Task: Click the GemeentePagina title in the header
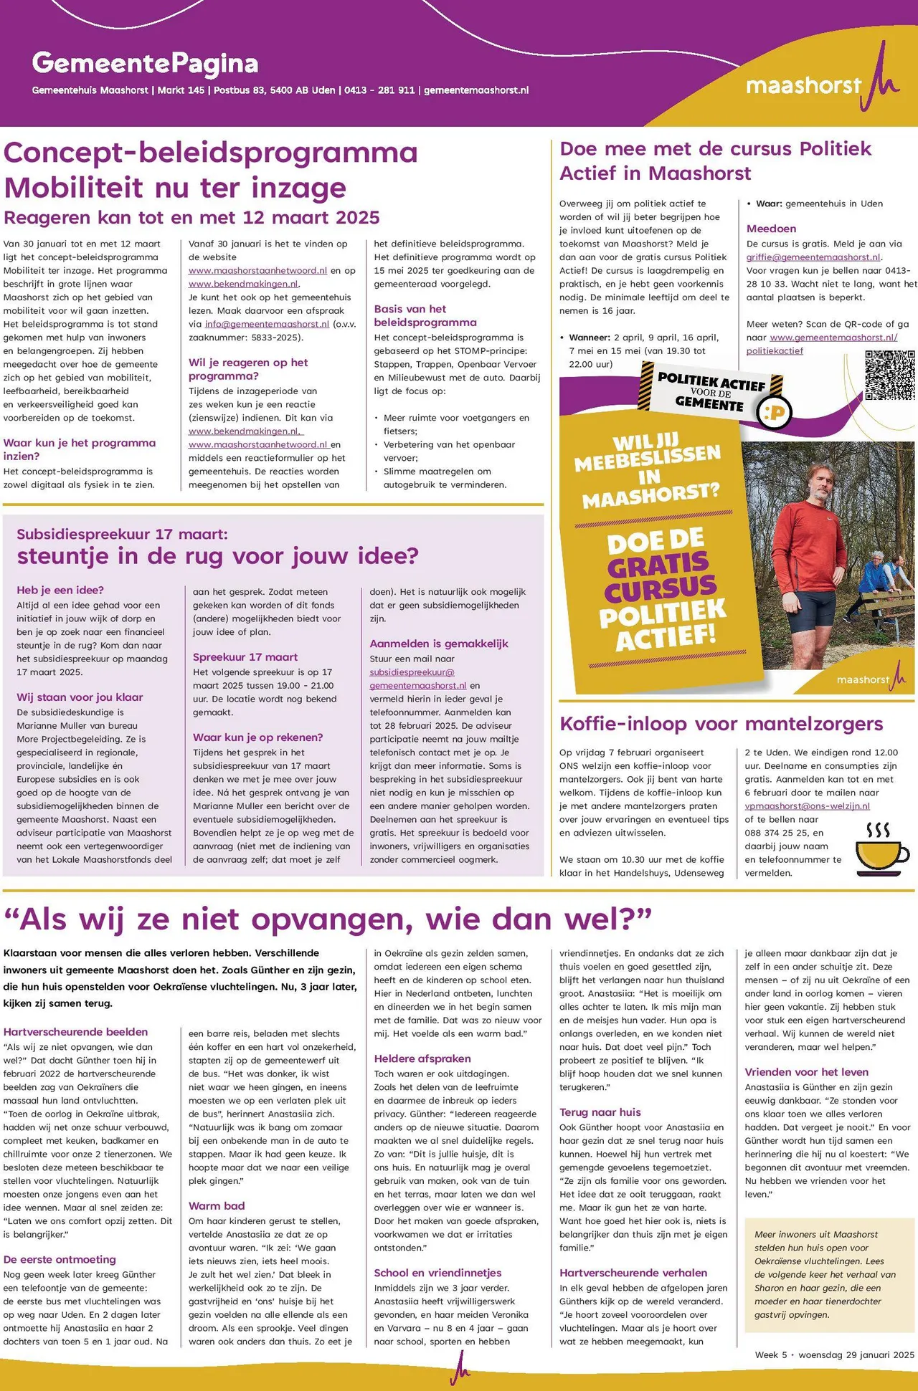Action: coord(145,64)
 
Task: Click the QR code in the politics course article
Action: coord(889,375)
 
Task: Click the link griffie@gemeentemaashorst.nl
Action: coord(813,257)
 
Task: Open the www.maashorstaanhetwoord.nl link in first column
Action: coord(257,271)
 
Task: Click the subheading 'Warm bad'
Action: coord(217,1205)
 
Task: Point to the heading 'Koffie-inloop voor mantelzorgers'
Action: coord(721,724)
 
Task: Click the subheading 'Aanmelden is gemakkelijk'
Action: coord(439,644)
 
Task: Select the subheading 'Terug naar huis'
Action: coord(600,1112)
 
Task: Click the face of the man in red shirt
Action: coord(812,483)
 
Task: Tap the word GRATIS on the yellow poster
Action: coord(657,565)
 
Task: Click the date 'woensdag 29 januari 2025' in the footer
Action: coord(856,1354)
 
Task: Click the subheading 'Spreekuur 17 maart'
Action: coord(245,656)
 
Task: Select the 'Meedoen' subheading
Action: coord(771,229)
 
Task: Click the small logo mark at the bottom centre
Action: coord(460,1370)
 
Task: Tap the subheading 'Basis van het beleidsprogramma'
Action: coord(425,315)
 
